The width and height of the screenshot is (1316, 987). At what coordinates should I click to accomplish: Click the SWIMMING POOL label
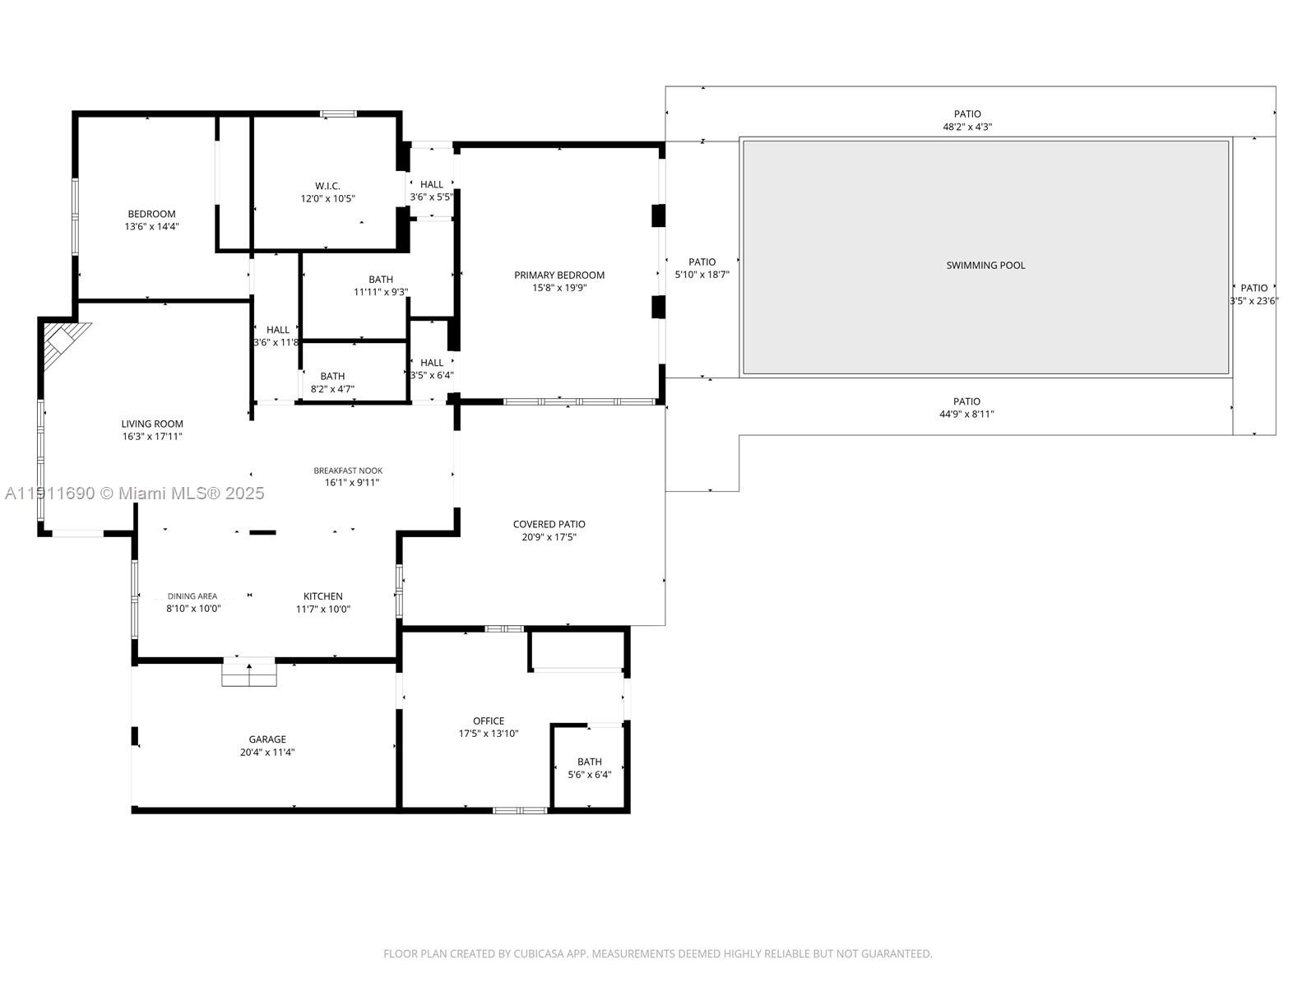coord(985,265)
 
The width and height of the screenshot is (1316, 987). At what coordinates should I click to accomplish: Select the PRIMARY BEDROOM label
coord(559,276)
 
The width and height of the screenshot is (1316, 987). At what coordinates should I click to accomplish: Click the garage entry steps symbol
coord(249,672)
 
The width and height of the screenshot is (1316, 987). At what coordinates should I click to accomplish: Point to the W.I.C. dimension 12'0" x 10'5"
coord(327,198)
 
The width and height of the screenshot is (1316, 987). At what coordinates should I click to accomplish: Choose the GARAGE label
coord(267,739)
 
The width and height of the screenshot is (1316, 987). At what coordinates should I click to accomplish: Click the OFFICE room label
coord(489,721)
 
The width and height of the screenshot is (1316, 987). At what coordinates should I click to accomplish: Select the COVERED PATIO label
coord(549,524)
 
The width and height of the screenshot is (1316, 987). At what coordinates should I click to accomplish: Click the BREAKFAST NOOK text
coord(348,470)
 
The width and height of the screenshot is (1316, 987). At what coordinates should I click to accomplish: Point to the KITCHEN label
coord(323,596)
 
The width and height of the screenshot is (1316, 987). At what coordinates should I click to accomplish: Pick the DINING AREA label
coord(192,596)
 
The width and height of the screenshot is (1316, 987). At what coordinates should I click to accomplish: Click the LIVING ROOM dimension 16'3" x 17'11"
coord(152,437)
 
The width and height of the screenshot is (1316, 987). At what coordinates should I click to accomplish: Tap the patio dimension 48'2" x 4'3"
coord(967,127)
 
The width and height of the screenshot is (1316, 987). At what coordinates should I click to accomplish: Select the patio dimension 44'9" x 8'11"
coord(966,415)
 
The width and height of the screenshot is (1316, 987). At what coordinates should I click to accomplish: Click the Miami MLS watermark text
coord(134,493)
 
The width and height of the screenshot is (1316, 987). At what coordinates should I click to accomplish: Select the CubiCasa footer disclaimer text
coord(657,954)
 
